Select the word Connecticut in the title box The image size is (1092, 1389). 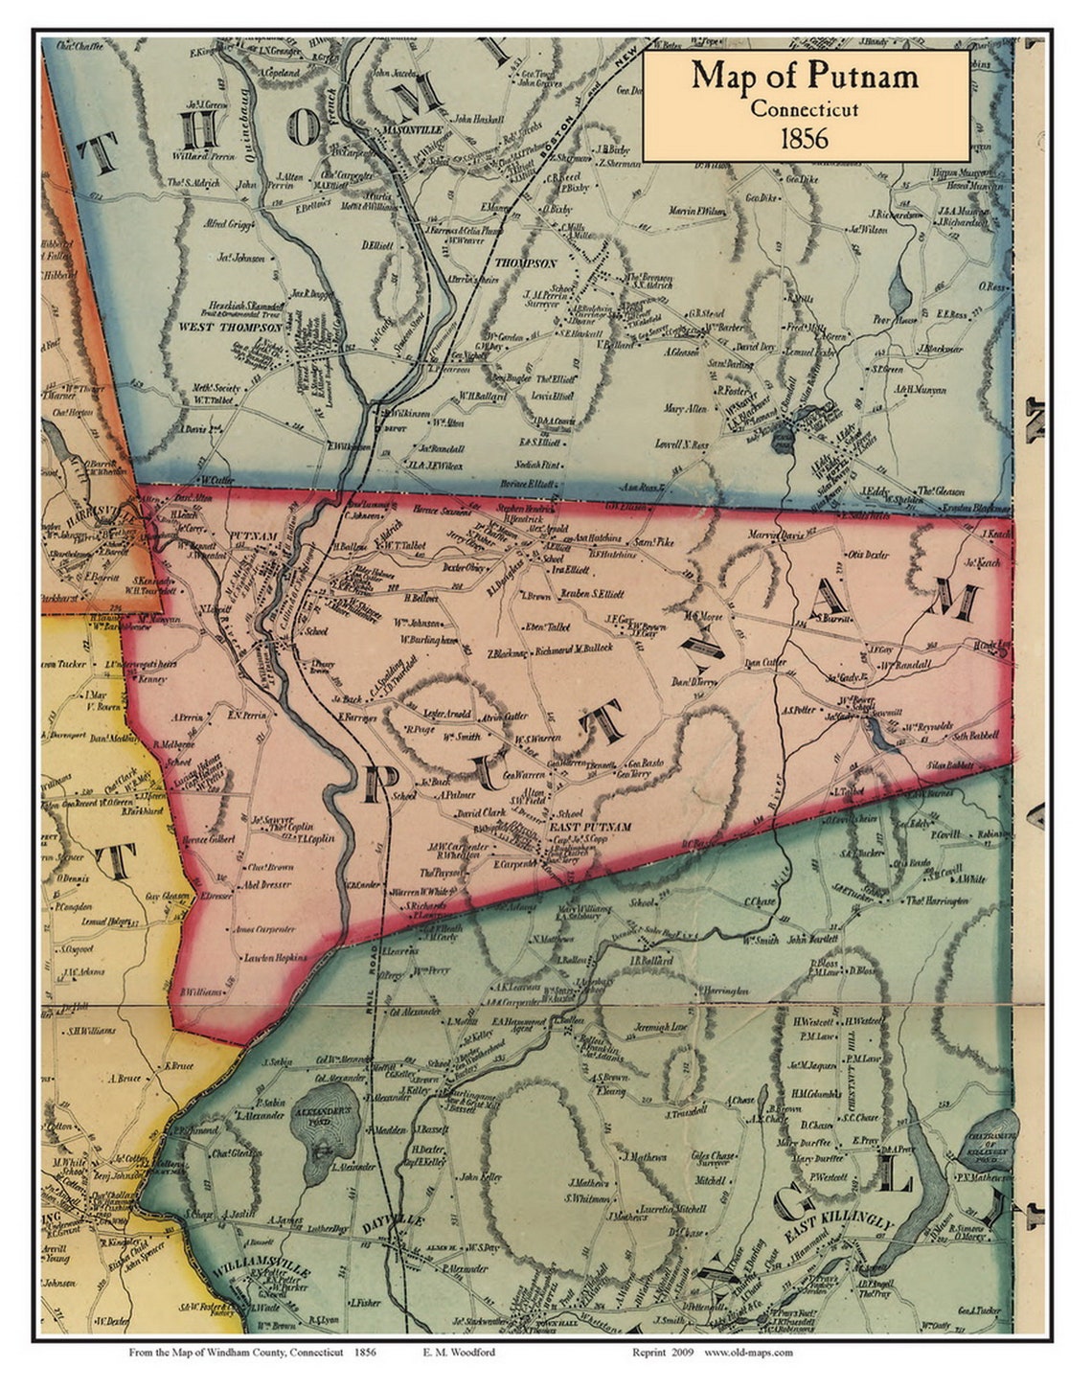(x=804, y=108)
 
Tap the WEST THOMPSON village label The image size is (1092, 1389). (x=222, y=327)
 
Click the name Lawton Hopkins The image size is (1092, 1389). (x=276, y=957)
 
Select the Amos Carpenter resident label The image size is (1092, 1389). (x=264, y=929)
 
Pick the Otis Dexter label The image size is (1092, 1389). (x=868, y=555)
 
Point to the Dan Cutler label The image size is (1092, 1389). (x=764, y=662)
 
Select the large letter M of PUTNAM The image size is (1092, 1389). (x=951, y=602)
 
